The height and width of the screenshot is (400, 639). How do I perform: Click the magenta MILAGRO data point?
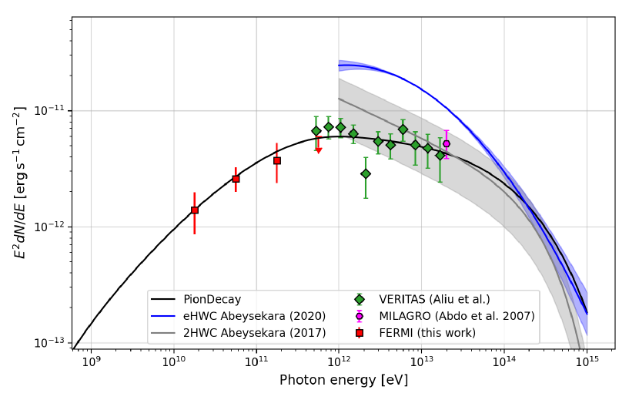(447, 143)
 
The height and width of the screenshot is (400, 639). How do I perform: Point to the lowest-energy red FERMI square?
(195, 210)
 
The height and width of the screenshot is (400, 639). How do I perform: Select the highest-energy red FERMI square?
(277, 160)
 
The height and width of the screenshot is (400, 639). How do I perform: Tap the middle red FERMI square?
(236, 179)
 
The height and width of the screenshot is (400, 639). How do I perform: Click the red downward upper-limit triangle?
(319, 150)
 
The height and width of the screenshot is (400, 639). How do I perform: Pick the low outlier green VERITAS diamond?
(366, 173)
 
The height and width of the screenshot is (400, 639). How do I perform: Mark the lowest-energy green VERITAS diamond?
(316, 131)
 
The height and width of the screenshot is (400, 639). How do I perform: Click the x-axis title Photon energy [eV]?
(343, 381)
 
